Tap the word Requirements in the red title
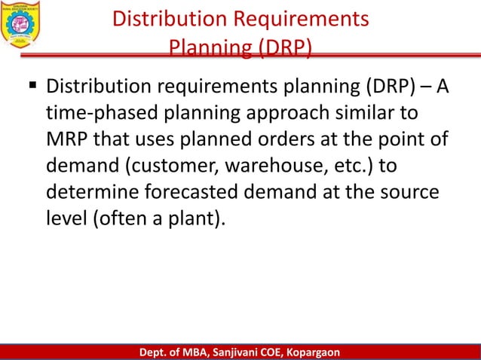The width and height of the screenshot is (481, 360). coord(303,19)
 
